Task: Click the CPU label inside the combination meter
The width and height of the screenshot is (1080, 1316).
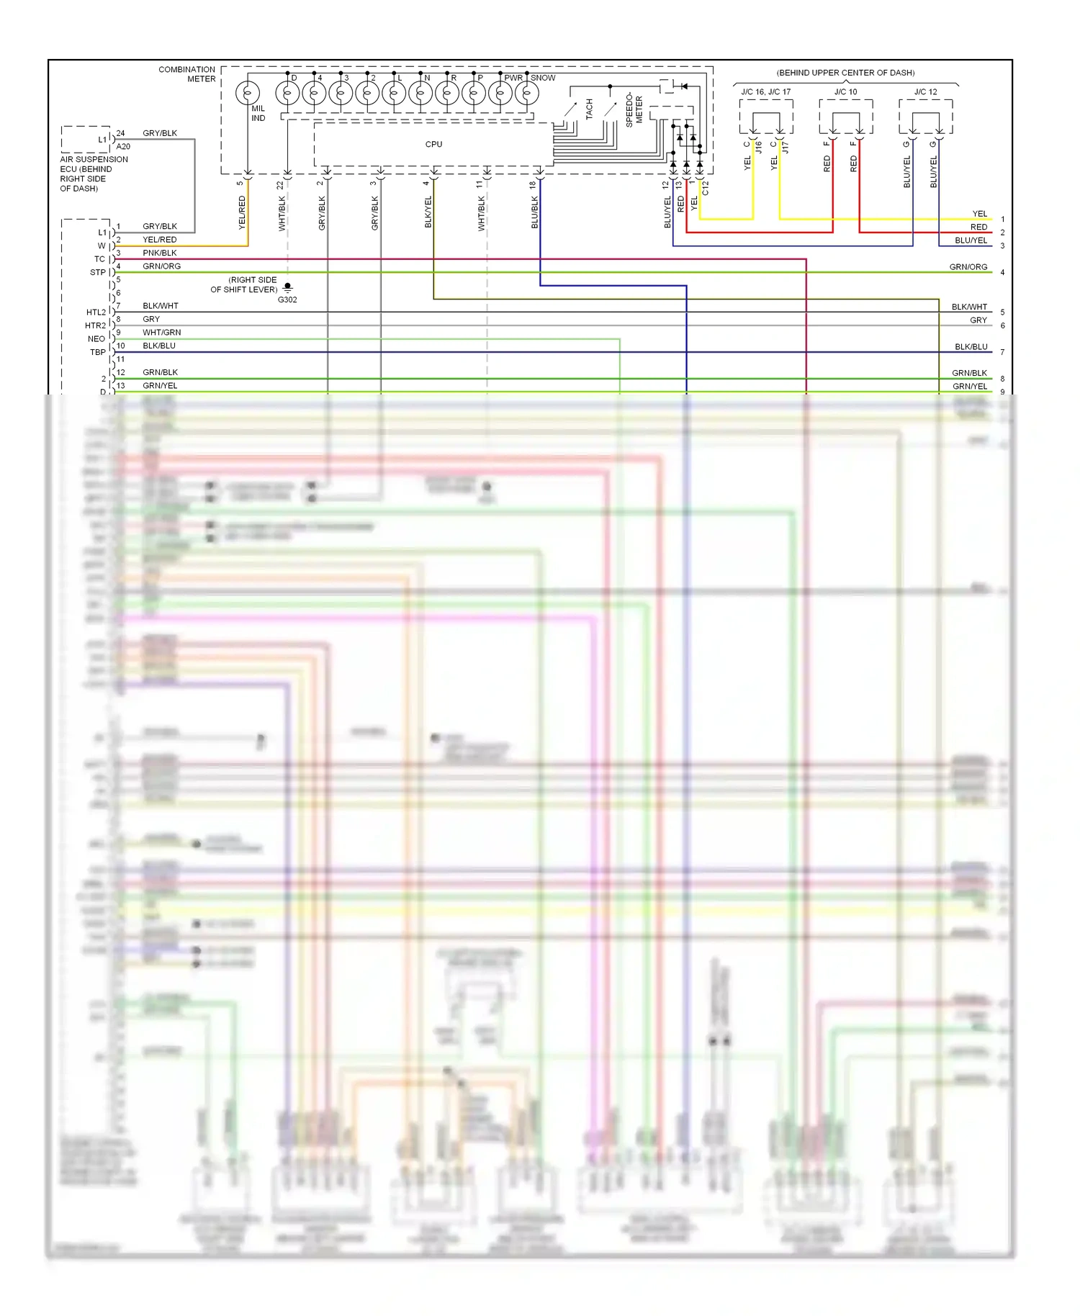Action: point(433,144)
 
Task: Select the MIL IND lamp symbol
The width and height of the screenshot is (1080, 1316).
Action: point(248,94)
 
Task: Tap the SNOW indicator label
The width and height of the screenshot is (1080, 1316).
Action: point(543,78)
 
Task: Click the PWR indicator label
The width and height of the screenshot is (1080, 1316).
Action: point(513,78)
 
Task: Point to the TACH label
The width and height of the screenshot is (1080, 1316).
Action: point(589,109)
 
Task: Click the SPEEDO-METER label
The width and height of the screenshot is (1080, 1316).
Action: point(634,109)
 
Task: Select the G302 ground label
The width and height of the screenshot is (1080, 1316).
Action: point(287,299)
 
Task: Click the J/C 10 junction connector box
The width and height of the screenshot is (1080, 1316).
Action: point(846,117)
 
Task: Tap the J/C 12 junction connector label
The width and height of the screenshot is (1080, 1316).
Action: point(925,91)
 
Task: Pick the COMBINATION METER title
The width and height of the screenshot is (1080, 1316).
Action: point(187,74)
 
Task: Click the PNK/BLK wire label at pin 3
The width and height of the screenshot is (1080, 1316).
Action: point(159,253)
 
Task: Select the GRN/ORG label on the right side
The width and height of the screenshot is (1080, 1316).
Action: point(968,266)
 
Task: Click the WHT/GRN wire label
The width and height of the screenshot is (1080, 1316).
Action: point(161,332)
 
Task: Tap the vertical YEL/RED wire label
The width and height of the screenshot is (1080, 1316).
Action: point(242,212)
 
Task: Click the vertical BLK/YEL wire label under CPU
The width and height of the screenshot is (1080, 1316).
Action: point(428,212)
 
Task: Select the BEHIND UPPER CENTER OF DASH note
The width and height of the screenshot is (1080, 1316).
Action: point(845,73)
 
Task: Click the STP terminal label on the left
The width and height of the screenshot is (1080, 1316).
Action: point(97,272)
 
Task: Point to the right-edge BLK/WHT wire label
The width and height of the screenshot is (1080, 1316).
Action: point(969,307)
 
